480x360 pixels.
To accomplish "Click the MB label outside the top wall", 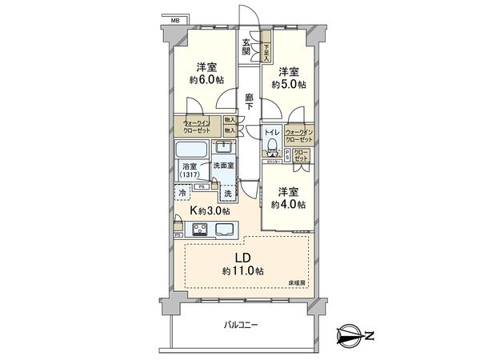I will coord(174,16).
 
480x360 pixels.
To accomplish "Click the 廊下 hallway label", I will coord(250,100).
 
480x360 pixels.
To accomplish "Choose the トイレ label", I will coord(272,131).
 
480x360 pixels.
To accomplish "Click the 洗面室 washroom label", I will coord(224,166).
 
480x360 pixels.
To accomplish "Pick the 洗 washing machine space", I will coord(227,194).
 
